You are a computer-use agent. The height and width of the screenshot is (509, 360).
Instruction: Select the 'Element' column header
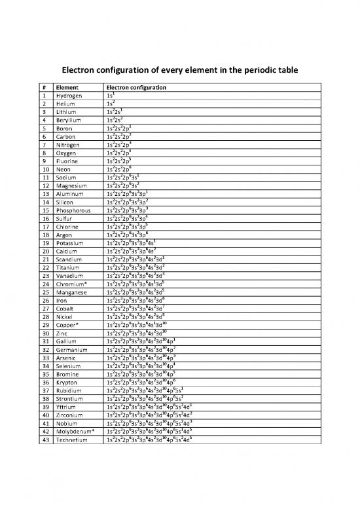[67, 87]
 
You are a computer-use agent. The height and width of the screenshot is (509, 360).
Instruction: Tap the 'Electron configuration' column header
[135, 87]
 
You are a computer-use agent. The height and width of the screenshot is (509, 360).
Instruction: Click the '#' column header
[43, 87]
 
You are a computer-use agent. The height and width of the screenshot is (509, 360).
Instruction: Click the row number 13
[45, 194]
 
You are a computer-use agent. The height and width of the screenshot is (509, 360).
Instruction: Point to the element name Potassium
[71, 243]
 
